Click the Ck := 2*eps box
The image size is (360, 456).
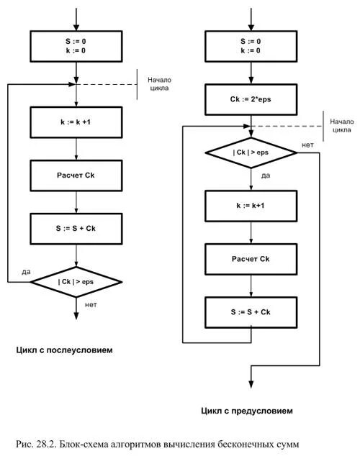point(251,99)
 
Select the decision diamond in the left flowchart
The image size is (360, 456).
point(76,282)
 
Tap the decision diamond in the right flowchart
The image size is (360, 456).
point(251,152)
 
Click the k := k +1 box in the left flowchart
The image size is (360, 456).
point(76,122)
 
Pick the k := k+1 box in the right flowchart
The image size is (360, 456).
point(251,206)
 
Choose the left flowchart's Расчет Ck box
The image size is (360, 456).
point(76,175)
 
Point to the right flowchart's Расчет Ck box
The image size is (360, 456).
point(251,259)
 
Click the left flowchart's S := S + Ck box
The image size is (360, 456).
point(76,229)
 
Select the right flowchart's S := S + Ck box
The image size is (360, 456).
point(251,312)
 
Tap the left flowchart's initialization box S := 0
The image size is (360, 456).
point(76,46)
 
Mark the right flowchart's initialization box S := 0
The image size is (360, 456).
point(251,46)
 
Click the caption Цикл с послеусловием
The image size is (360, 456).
point(64,350)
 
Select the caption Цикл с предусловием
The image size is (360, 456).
point(247,411)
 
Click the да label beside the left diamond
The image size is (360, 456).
point(26,272)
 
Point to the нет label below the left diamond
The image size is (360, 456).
point(91,305)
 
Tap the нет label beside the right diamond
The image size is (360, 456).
point(307,145)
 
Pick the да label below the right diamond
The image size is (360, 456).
point(266,175)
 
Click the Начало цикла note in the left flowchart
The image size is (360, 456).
point(160,83)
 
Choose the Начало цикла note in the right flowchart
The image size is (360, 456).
point(342,126)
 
